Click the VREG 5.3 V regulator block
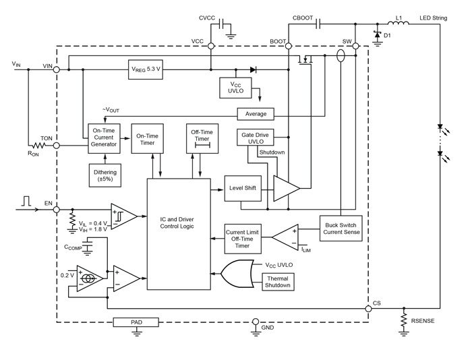(x=146, y=69)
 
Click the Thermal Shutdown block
(x=278, y=281)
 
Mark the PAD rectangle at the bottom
(x=137, y=322)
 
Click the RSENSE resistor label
(x=422, y=321)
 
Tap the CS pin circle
(x=370, y=309)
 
